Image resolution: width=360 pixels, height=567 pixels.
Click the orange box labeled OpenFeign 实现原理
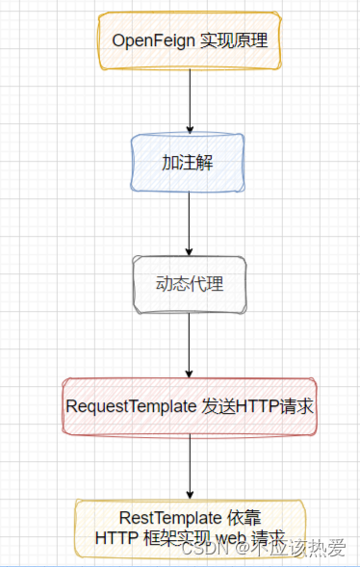(x=190, y=40)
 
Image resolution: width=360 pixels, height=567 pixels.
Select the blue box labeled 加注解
(x=189, y=163)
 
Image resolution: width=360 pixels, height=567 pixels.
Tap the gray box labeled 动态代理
(x=189, y=284)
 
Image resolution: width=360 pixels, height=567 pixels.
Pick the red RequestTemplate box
(x=189, y=406)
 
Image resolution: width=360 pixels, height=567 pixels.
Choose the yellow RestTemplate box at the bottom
(x=190, y=528)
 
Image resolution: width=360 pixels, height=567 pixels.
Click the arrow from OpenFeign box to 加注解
(x=190, y=101)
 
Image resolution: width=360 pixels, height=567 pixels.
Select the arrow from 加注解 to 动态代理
(x=190, y=223)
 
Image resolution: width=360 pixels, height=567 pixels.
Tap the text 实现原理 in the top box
(x=232, y=40)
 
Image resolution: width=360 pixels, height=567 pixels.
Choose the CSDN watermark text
(x=201, y=549)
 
